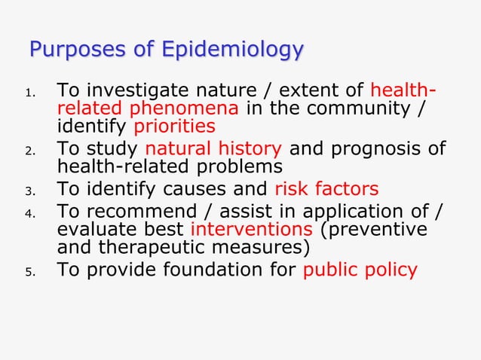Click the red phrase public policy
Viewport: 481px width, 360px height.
tap(359, 270)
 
